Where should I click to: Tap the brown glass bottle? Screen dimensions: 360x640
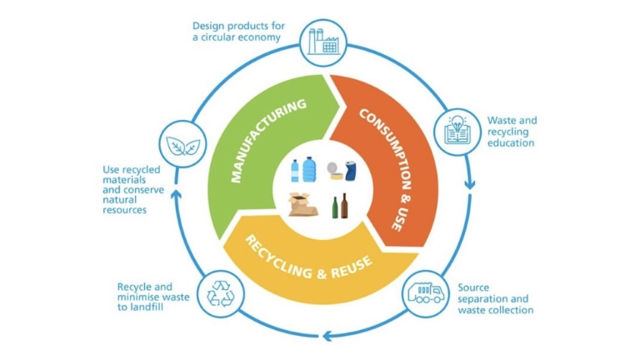(x=344, y=204)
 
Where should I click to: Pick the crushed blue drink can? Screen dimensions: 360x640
(x=350, y=170)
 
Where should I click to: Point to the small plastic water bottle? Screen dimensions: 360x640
(x=295, y=172)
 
